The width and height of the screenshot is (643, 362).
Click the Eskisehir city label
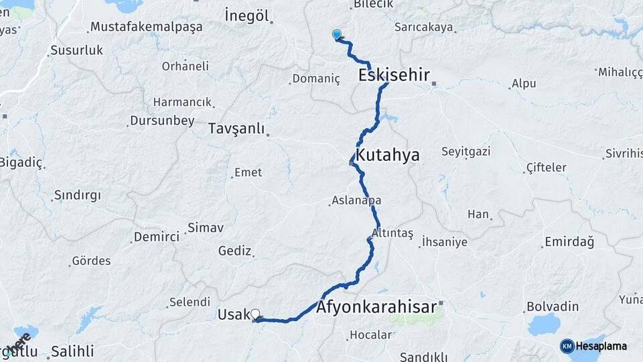coord(394,74)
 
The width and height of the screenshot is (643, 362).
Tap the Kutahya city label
coord(388,156)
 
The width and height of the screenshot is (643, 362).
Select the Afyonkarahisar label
coord(376,308)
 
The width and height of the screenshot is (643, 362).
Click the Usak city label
coord(232,314)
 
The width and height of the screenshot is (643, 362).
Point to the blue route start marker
coord(337,35)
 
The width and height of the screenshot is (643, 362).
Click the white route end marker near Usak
coord(255,314)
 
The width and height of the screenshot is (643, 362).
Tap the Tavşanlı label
coord(236,128)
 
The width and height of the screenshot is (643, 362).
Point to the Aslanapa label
coord(357,201)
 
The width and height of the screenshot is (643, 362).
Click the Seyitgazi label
coord(466,152)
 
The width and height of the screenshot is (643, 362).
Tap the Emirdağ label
coord(569,241)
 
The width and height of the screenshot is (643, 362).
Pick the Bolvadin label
coord(553,306)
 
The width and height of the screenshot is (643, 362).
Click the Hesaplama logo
coord(593,346)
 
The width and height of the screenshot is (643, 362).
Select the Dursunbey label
coord(163,121)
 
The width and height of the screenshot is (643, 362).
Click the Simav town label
coord(206,228)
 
